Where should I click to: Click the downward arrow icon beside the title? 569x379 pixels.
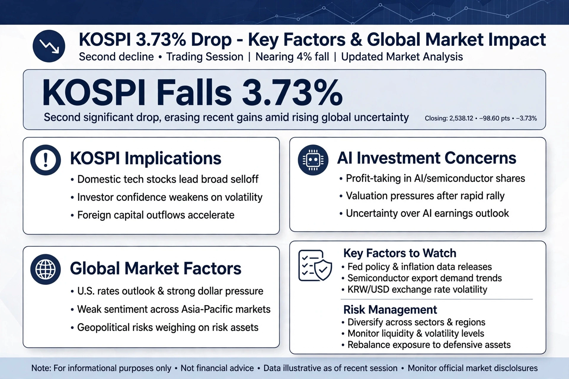coord(49,46)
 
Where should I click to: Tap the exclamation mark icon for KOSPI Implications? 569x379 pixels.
coord(46,160)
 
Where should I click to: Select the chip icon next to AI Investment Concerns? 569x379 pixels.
coord(313,160)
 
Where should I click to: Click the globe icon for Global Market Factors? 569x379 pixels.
coord(46,269)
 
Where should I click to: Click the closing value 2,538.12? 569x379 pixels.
coord(461,118)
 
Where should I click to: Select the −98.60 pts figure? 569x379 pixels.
coord(494,118)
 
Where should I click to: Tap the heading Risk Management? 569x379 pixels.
coord(390,310)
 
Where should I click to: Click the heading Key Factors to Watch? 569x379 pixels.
coord(400,253)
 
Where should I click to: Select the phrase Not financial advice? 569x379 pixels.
coord(217,368)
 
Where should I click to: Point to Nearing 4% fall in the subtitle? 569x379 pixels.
coord(292,57)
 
